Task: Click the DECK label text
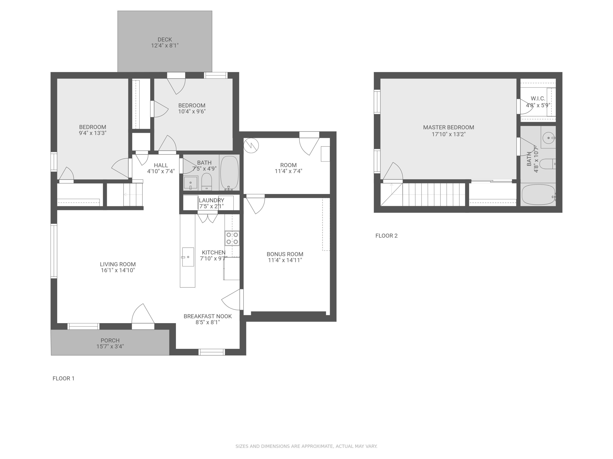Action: (165, 40)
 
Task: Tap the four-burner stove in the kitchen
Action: (232, 238)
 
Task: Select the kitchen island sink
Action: (188, 257)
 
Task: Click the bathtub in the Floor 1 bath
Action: (229, 173)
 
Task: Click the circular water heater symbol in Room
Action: (251, 145)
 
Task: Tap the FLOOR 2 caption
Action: (386, 236)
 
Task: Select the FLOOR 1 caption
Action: (64, 378)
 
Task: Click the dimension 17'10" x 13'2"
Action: (448, 134)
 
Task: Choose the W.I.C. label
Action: (538, 99)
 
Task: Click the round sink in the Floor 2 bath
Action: (548, 138)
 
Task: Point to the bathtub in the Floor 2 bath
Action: (538, 194)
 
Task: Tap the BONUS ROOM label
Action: (285, 254)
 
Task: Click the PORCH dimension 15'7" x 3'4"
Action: (110, 346)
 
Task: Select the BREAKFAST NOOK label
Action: (208, 316)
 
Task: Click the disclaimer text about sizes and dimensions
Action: (306, 446)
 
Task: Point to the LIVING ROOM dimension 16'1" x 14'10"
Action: (118, 270)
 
